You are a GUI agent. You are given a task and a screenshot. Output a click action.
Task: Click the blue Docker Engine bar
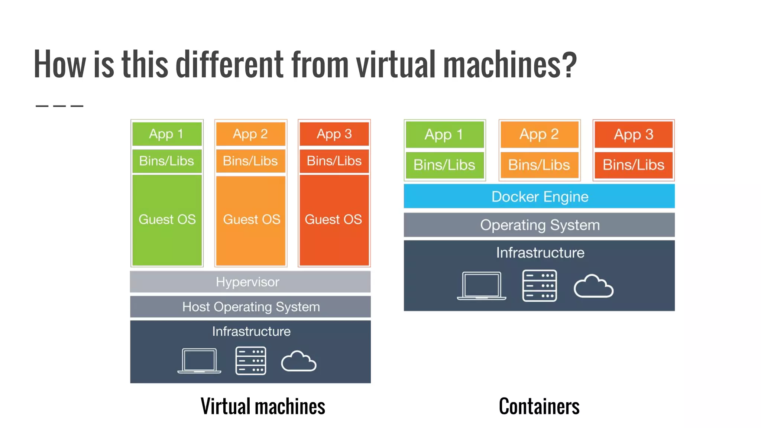coord(539,196)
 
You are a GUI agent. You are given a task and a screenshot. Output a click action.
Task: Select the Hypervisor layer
coord(250,282)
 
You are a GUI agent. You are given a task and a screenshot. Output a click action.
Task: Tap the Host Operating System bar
coord(250,307)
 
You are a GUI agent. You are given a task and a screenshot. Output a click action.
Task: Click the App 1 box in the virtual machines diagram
coord(167,134)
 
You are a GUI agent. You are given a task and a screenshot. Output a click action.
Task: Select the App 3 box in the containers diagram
coord(634,134)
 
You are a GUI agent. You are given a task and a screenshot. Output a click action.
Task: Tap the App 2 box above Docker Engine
coord(539,134)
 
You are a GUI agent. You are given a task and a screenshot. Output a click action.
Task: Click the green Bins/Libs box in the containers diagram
coord(444,165)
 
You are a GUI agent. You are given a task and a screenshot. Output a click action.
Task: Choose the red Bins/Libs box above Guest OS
coord(334,161)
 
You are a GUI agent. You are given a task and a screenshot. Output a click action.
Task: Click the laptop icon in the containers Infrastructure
coord(482,286)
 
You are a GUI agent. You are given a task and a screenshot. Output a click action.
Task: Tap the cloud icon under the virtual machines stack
coord(299,361)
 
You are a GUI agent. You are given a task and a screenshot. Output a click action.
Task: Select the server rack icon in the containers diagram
coord(540,286)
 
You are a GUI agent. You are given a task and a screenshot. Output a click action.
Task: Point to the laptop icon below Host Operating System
coord(199,361)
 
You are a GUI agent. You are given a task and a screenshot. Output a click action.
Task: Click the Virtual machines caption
coord(263,406)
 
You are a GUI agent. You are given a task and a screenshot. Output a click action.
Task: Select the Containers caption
coord(539,406)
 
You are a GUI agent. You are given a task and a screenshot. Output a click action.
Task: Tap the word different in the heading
coord(229,64)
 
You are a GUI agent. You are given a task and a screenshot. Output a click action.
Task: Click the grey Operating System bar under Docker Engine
coord(539,225)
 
